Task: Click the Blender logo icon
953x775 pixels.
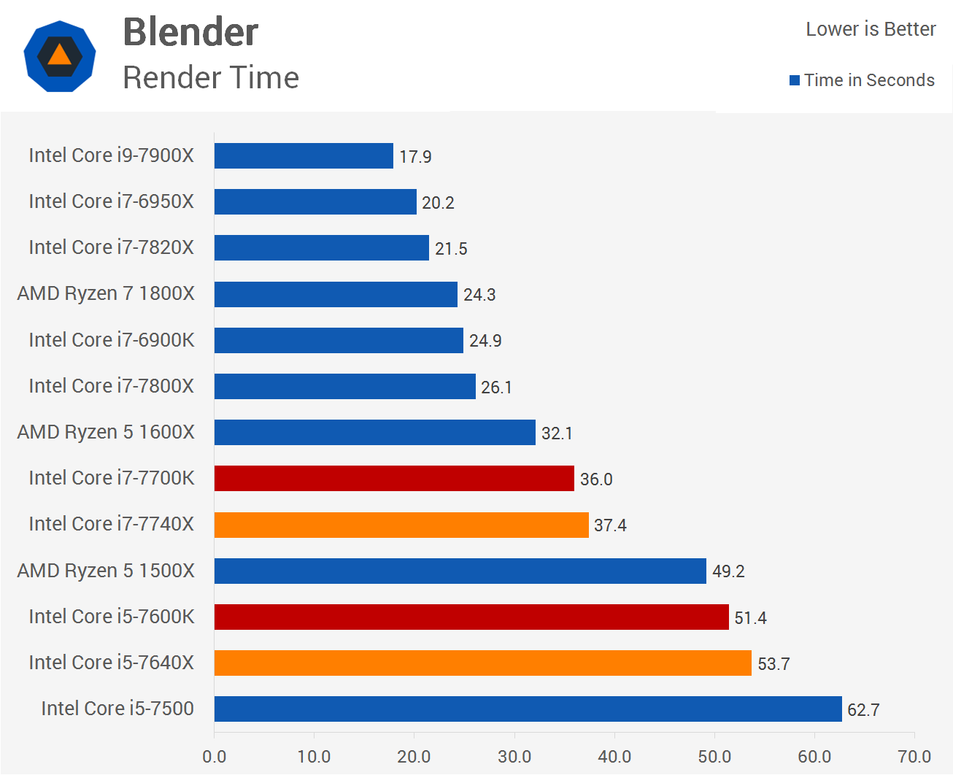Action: coord(59,56)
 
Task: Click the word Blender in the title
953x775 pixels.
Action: coord(190,32)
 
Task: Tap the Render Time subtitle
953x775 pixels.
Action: coord(211,77)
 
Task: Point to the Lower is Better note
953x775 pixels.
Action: coord(871,29)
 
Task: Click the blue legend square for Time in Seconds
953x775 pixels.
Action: coord(795,80)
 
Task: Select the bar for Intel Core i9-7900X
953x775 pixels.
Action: coord(304,156)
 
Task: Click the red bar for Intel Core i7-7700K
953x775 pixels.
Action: coord(394,479)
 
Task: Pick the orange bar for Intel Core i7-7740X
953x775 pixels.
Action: coord(401,525)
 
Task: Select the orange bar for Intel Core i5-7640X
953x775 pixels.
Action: coord(482,663)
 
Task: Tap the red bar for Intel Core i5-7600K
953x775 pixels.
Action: coord(471,617)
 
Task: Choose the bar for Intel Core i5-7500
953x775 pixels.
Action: coord(528,709)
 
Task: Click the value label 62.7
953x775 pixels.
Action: coord(863,710)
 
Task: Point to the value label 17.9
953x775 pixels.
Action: coord(415,157)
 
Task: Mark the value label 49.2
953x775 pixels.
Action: coord(728,571)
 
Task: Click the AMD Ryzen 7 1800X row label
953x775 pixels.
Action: coord(106,293)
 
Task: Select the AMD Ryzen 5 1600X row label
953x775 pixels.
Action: coord(106,432)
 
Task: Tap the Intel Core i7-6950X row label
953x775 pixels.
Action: coord(112,201)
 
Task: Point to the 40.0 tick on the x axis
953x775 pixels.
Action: coord(614,757)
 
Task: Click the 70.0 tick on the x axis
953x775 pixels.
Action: coord(914,757)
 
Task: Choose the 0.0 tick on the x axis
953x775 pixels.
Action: coord(215,757)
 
